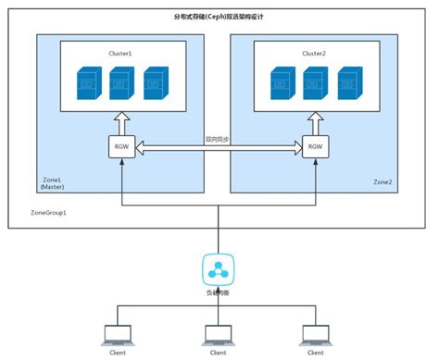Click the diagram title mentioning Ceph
coord(219,18)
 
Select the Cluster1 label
coord(119,54)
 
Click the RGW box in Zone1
coord(122,145)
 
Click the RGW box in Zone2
coord(315,145)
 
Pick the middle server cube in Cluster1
coord(122,83)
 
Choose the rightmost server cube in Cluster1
coord(155,83)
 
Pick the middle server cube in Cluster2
coord(315,83)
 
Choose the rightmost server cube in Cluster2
coord(347,83)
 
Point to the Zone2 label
coord(382,181)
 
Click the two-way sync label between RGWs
coord(219,139)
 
